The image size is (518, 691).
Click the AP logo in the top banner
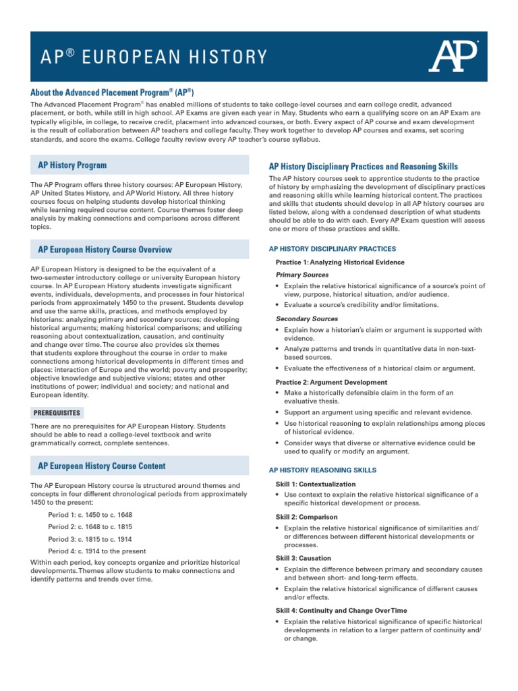pyautogui.click(x=454, y=55)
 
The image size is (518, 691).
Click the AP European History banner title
pyautogui.click(x=145, y=56)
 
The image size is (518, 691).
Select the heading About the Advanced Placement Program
pyautogui.click(x=113, y=92)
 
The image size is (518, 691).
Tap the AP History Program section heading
pyautogui.click(x=72, y=165)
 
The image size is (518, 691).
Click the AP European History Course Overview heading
pyautogui.click(x=105, y=250)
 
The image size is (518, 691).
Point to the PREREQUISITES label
pyautogui.click(x=57, y=412)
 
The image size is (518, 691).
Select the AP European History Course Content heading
pyautogui.click(x=101, y=466)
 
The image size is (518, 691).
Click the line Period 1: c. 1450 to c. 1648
pyautogui.click(x=90, y=515)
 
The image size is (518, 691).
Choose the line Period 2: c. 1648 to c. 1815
pyautogui.click(x=90, y=527)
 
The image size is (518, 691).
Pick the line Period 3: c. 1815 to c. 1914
pyautogui.click(x=90, y=539)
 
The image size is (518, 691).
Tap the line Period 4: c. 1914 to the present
pyautogui.click(x=97, y=551)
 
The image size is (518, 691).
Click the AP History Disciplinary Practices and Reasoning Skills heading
pyautogui.click(x=363, y=166)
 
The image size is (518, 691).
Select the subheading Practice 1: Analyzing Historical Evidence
pyautogui.click(x=340, y=262)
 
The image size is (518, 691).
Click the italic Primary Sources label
pyautogui.click(x=302, y=275)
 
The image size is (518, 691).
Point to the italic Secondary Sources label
pyautogui.click(x=307, y=319)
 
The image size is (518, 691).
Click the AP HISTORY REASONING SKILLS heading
pyautogui.click(x=322, y=470)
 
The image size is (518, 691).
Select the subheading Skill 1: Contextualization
pyautogui.click(x=316, y=485)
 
